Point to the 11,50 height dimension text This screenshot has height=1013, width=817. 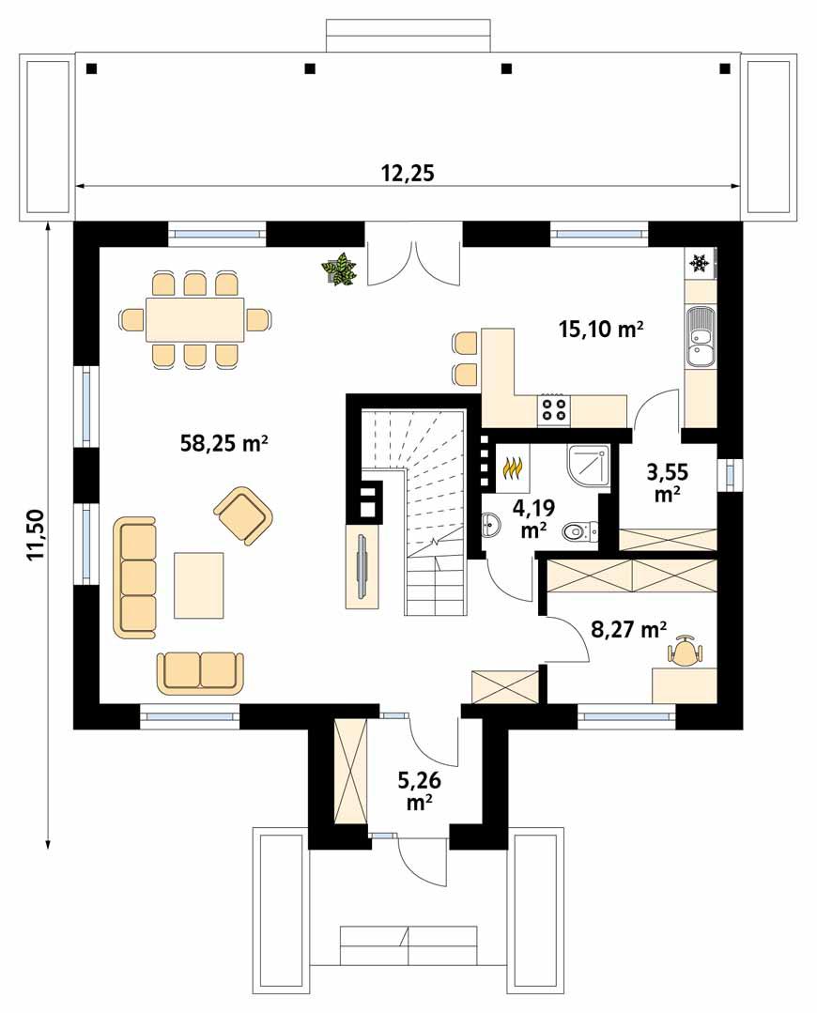click(36, 535)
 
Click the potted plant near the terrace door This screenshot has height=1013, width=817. click(338, 269)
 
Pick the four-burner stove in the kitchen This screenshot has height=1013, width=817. click(553, 409)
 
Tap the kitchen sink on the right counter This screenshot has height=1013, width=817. click(699, 337)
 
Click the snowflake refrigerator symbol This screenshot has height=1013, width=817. click(700, 264)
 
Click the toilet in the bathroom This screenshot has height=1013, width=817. click(581, 533)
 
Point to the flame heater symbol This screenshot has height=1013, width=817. click(514, 466)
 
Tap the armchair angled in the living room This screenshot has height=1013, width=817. click(243, 514)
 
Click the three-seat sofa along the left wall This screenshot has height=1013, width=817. click(135, 576)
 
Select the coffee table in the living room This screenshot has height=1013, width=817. click(199, 585)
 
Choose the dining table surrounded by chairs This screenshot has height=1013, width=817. click(195, 319)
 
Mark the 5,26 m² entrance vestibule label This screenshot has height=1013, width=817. click(419, 790)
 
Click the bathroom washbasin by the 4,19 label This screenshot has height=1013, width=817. click(492, 528)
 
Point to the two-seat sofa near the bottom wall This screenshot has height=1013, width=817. click(200, 671)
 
